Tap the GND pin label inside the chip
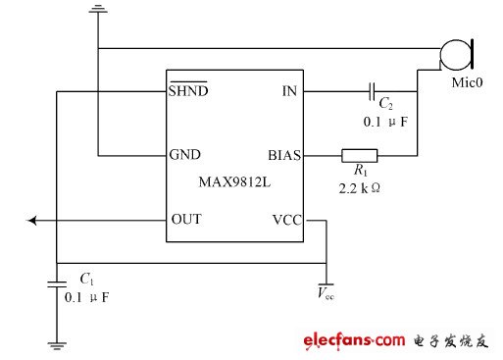coord(186,156)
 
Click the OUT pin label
coord(186,220)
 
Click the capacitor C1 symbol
coord(58,284)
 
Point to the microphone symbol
coord(456,52)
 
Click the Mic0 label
coord(464,82)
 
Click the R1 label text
coord(356,171)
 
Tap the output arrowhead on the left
coord(33,221)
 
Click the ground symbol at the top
coord(98,11)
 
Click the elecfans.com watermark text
coord(354,340)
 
